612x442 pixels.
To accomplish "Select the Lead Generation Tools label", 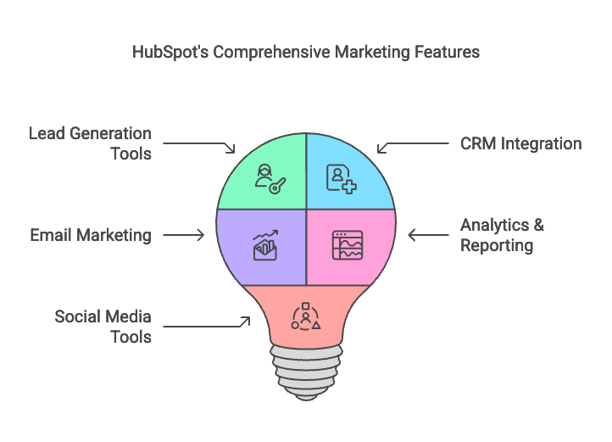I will [x=91, y=143].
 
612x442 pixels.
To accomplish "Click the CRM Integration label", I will [x=520, y=143].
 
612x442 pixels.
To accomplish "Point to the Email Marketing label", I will [x=91, y=235].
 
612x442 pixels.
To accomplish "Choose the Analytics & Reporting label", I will [x=502, y=235].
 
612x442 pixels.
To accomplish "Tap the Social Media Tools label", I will [x=103, y=327].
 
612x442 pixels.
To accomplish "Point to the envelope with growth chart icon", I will [x=266, y=245].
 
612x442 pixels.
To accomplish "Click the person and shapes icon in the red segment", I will [x=305, y=315].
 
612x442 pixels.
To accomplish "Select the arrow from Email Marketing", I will [x=184, y=235].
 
